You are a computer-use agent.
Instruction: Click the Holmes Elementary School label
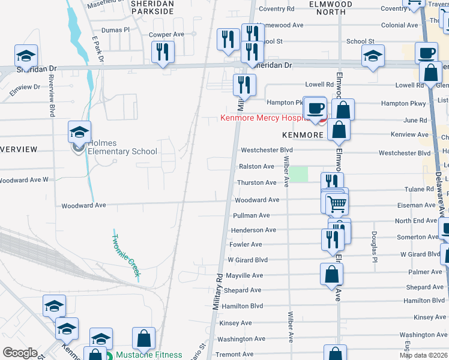click(x=122, y=147)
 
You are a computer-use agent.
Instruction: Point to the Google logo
click(x=20, y=353)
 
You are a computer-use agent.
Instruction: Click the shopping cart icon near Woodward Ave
click(x=337, y=204)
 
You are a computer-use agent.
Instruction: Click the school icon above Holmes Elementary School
click(x=79, y=131)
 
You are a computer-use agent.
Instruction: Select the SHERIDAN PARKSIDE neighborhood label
click(x=152, y=8)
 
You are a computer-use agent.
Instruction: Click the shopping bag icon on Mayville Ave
click(x=331, y=274)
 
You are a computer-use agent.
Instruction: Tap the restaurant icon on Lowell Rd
click(x=244, y=85)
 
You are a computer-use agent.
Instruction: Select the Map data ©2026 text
click(x=423, y=355)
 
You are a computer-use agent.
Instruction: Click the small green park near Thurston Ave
click(x=299, y=174)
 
